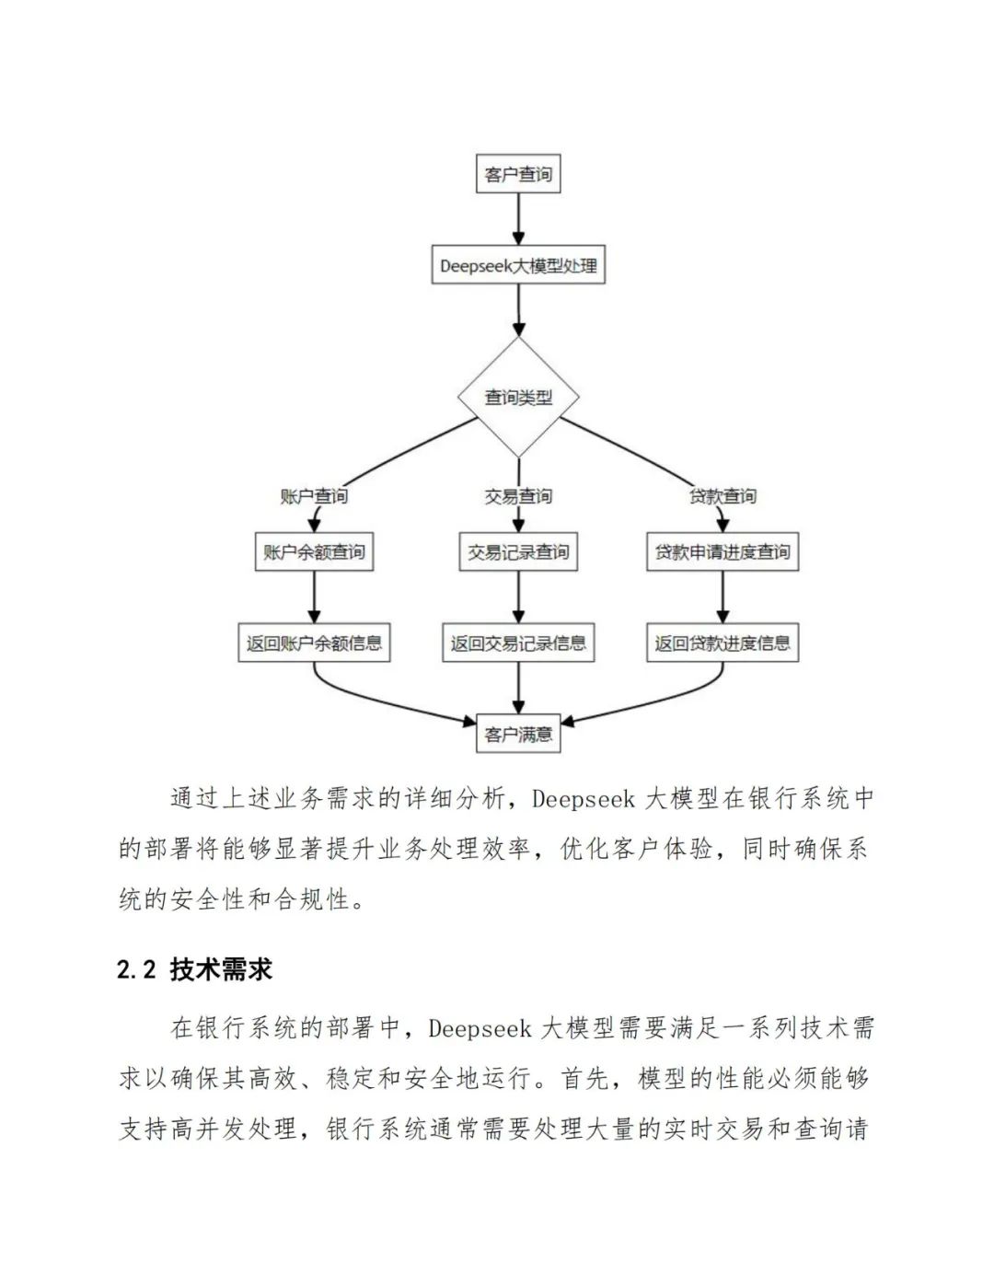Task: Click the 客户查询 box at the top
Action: tap(518, 174)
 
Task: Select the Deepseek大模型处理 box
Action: tap(518, 265)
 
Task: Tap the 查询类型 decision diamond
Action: tap(518, 397)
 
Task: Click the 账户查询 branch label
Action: tap(314, 496)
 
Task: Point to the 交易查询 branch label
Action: tap(518, 496)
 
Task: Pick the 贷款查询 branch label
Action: tap(722, 496)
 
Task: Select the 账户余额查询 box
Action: tap(314, 551)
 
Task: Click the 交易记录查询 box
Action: tap(518, 551)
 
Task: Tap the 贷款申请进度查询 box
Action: tap(722, 551)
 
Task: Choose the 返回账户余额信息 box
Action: tap(314, 643)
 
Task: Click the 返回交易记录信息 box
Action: tap(518, 643)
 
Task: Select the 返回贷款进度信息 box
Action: tap(722, 643)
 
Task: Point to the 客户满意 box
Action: tap(518, 734)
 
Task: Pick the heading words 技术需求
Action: tap(221, 969)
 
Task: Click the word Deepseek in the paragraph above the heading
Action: tap(584, 798)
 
